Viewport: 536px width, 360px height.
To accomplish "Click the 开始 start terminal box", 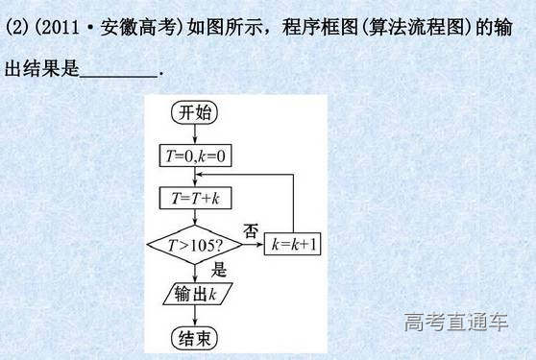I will [195, 112].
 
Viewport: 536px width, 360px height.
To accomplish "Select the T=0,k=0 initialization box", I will [195, 155].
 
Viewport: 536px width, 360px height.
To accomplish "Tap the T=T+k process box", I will [195, 198].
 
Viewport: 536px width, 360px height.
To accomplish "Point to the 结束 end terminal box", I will [195, 337].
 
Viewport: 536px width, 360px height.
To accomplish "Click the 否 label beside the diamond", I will [251, 230].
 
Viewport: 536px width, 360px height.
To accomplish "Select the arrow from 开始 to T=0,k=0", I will [195, 133].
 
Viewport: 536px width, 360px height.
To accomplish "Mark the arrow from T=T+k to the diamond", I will [195, 216].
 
